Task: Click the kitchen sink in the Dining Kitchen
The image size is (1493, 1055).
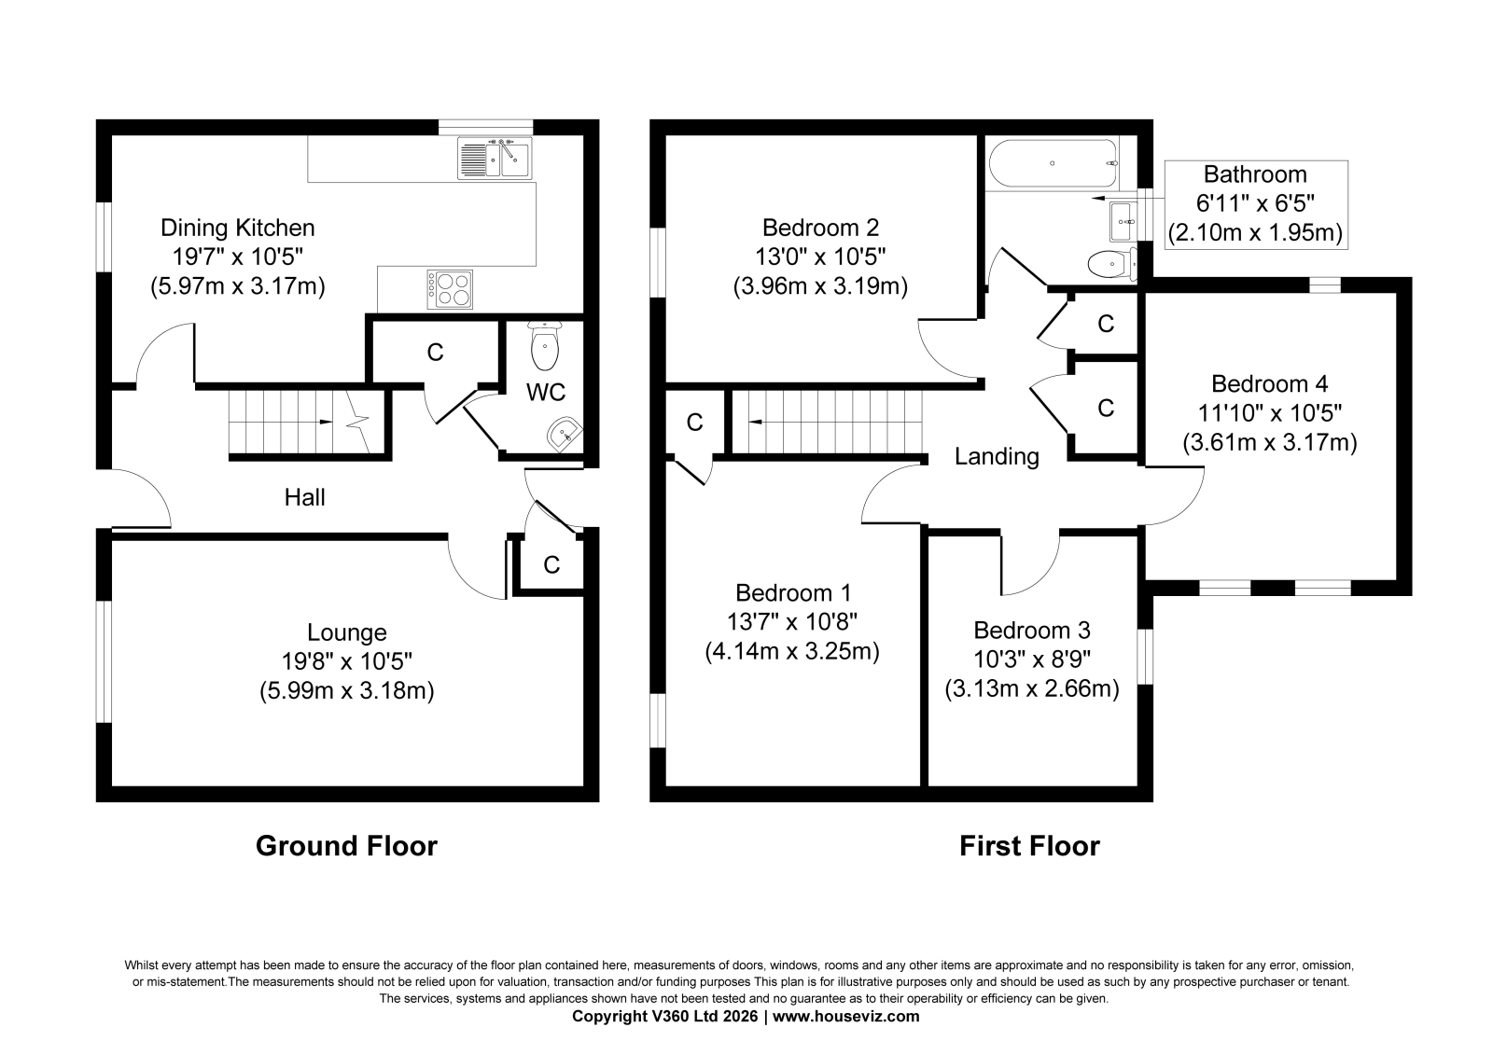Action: tap(495, 158)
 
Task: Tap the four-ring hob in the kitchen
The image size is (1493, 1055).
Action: tap(450, 289)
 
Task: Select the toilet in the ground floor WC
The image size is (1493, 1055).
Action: tap(545, 345)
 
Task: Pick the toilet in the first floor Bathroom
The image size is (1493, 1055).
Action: tap(1111, 265)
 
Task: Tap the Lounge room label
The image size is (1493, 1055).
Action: tap(346, 632)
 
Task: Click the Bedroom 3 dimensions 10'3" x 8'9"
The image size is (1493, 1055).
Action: tap(1032, 659)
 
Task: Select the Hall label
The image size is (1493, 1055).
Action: tap(304, 497)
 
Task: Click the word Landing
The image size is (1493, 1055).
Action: tap(997, 456)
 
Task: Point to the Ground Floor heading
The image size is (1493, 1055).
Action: tap(346, 846)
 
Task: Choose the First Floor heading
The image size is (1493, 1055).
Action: tap(1029, 846)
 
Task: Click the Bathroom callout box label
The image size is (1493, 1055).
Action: tap(1255, 174)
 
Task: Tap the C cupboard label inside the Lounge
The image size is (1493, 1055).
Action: tap(551, 565)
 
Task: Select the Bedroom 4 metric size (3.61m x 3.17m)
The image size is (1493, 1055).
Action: tap(1270, 442)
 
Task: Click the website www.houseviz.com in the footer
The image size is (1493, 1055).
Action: tap(845, 1017)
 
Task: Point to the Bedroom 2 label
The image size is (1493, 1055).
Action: tap(820, 228)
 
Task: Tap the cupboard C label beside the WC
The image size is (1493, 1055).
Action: tap(435, 353)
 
